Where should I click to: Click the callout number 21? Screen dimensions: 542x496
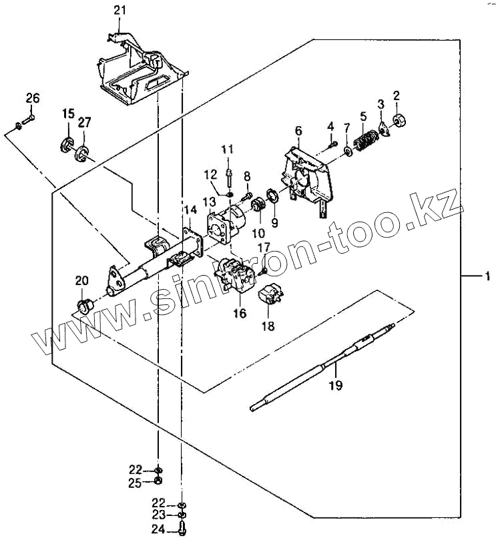[119, 9]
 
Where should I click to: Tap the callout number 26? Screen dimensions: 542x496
[33, 99]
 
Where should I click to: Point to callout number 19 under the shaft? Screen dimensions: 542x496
[335, 385]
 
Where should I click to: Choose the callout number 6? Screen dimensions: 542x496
[298, 130]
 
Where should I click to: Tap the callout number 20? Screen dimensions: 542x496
[81, 280]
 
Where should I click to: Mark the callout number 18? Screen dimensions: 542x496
[268, 326]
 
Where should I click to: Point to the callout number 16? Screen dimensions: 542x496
[238, 313]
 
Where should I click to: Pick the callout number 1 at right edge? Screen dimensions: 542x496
[488, 275]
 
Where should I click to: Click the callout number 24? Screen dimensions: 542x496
[156, 531]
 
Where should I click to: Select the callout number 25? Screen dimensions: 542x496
[136, 481]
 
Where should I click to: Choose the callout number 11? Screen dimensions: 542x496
[228, 148]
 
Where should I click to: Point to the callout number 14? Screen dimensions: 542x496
[191, 211]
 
